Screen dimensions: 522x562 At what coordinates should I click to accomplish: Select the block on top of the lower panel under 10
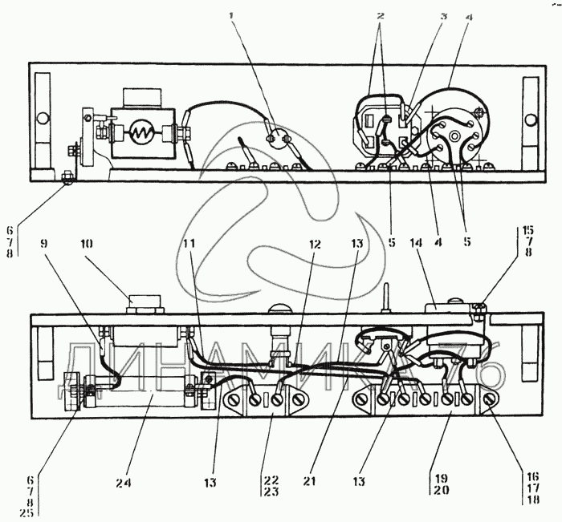tap(145, 304)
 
